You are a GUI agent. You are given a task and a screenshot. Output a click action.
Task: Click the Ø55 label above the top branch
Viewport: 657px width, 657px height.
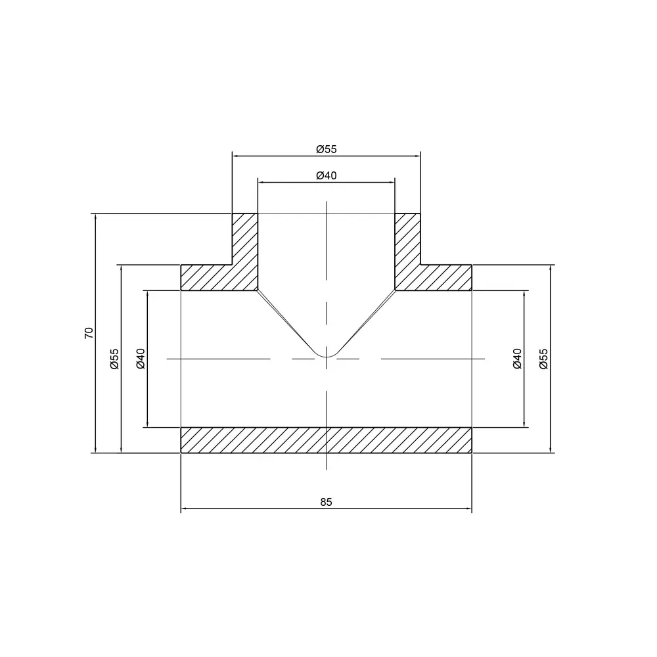click(x=327, y=149)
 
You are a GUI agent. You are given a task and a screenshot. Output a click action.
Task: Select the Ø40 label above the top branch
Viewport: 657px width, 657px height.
click(x=327, y=175)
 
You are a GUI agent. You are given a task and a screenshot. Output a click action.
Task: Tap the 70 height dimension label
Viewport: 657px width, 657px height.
click(x=89, y=333)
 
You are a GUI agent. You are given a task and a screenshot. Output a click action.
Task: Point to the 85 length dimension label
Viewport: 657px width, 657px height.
click(x=326, y=502)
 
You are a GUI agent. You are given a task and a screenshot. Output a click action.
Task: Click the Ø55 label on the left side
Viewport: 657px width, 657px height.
click(x=115, y=359)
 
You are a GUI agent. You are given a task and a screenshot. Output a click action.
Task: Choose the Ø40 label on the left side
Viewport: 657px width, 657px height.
click(x=141, y=359)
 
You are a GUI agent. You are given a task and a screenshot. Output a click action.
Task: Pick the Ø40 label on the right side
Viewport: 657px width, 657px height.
click(x=518, y=359)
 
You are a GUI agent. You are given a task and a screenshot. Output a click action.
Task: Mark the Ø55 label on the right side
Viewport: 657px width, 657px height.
click(x=543, y=359)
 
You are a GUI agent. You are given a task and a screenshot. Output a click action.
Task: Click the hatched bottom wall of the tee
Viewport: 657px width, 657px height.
click(x=326, y=440)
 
